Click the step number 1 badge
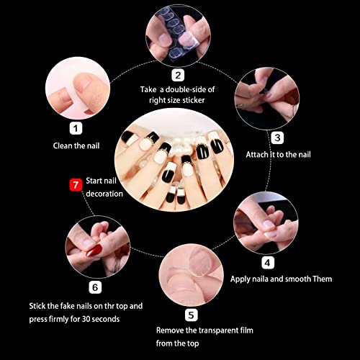76,128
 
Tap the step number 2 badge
178,75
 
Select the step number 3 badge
277,138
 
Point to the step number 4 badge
268,263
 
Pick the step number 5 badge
192,315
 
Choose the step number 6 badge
95,287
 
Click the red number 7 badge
76,185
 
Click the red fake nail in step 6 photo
94,251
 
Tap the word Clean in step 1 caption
63,145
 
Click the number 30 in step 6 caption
86,319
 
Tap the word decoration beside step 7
104,194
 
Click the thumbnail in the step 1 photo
82,81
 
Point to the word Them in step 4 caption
323,279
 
